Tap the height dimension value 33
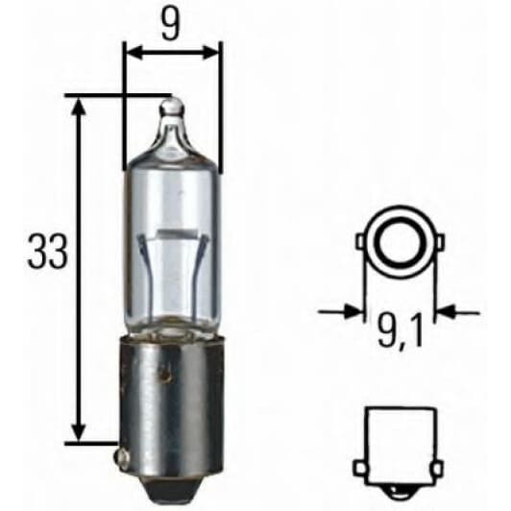[x=48, y=252]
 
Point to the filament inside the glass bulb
[x=172, y=232]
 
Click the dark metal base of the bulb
[x=171, y=384]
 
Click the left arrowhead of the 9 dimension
[x=132, y=54]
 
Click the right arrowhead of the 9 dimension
[x=212, y=54]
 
